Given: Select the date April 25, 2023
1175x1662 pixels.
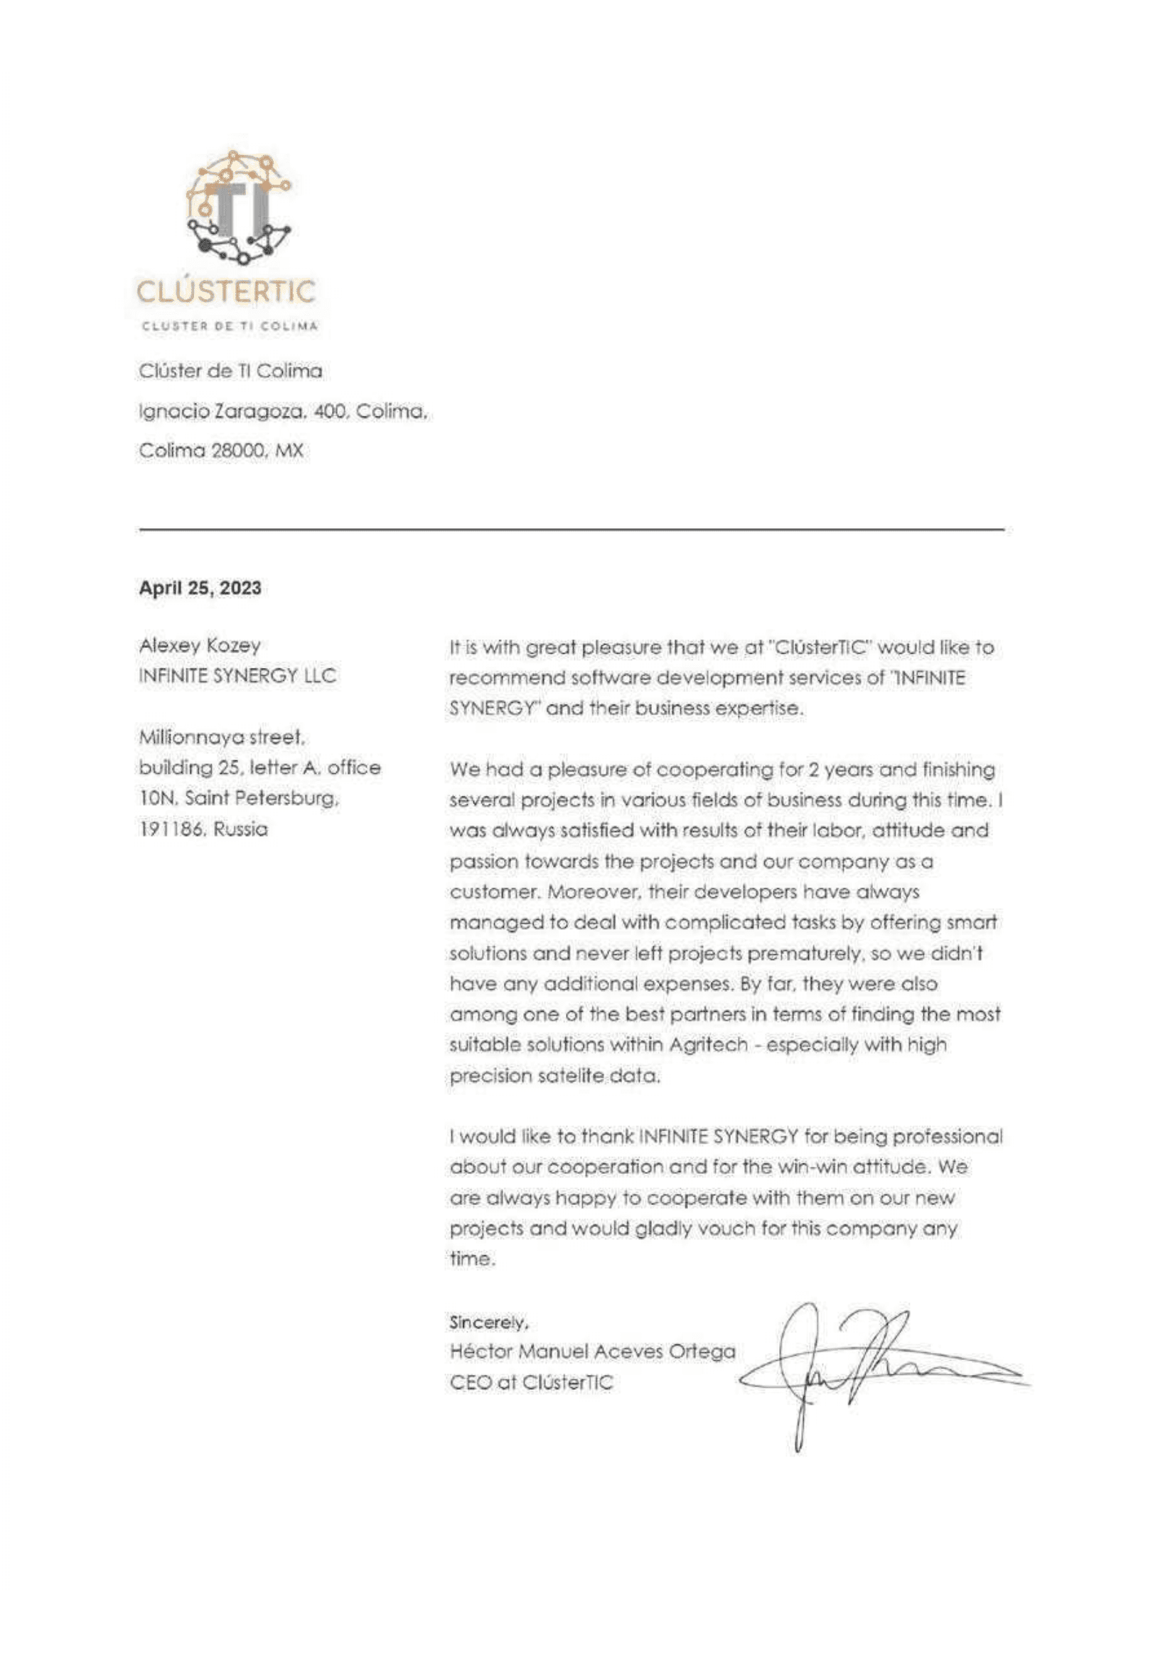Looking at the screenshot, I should click(x=200, y=588).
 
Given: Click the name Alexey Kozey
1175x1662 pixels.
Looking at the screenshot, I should click(x=200, y=645).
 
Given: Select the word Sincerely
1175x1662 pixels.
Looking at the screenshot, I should click(x=487, y=1322).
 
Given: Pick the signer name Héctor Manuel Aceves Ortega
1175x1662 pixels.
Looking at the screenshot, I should click(x=592, y=1351).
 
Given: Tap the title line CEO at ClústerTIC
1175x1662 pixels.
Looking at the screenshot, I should click(x=531, y=1383).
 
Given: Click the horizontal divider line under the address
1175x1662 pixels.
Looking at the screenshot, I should click(x=572, y=530).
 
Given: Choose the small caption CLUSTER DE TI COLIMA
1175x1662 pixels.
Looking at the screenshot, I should click(x=230, y=326).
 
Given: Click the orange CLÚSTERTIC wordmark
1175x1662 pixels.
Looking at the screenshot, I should click(x=226, y=292).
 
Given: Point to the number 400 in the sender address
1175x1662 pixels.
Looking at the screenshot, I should click(x=329, y=411).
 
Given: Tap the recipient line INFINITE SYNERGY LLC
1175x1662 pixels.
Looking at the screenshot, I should click(x=237, y=676).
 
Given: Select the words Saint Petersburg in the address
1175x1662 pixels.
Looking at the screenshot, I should click(x=262, y=798).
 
